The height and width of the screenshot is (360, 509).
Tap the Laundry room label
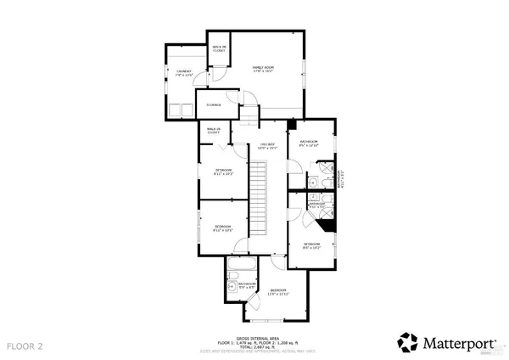click(184, 74)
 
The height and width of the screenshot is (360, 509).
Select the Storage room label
click(215, 105)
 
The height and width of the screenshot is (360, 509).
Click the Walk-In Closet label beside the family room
click(218, 48)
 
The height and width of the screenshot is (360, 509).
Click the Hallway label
click(268, 146)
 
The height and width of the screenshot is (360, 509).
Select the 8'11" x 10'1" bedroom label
click(223, 172)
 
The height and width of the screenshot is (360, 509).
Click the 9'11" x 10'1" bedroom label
click(223, 228)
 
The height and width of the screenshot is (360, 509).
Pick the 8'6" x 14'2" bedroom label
click(312, 246)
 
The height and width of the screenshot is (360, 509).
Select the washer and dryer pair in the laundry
click(180, 109)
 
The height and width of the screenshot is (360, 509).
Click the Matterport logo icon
click(408, 342)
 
